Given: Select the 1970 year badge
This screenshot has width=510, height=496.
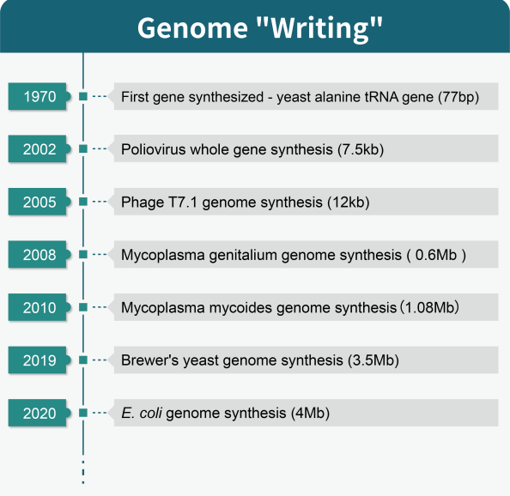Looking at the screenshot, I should (x=40, y=97).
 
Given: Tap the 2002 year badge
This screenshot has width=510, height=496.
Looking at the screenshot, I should (x=40, y=149).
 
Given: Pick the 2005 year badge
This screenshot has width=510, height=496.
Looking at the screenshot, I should (x=40, y=203).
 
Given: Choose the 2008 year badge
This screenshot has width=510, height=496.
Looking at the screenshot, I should (x=40, y=255).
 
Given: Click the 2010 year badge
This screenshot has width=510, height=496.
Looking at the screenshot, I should (x=40, y=307).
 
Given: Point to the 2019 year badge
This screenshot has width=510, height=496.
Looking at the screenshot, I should (x=40, y=360).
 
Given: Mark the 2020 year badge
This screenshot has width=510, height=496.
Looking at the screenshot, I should (x=40, y=413).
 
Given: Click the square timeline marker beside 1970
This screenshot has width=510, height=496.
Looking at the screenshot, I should (x=82, y=97).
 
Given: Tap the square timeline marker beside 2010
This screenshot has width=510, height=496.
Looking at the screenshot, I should (x=82, y=307).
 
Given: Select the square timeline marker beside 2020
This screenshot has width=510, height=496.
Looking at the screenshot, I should (x=82, y=413).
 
